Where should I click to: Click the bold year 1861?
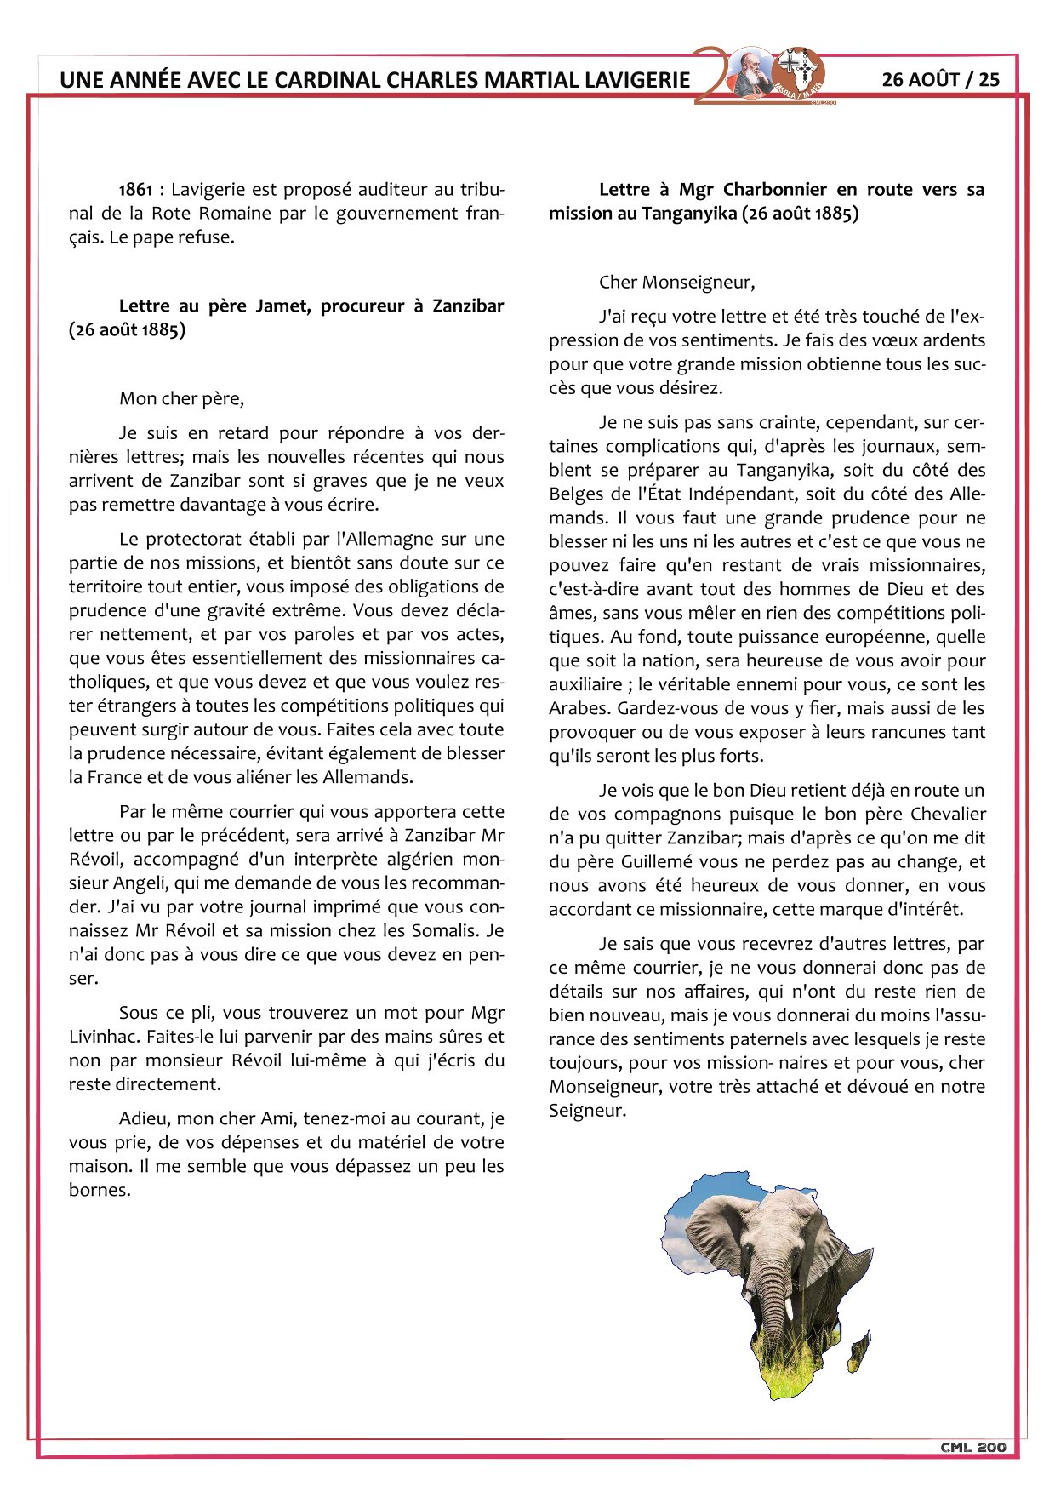point(136,190)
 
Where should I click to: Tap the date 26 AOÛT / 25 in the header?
point(940,80)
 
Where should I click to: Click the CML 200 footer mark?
point(972,1447)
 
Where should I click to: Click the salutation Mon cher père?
point(181,399)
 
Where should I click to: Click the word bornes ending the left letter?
point(100,1191)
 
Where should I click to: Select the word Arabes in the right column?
point(579,709)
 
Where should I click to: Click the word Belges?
point(579,494)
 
